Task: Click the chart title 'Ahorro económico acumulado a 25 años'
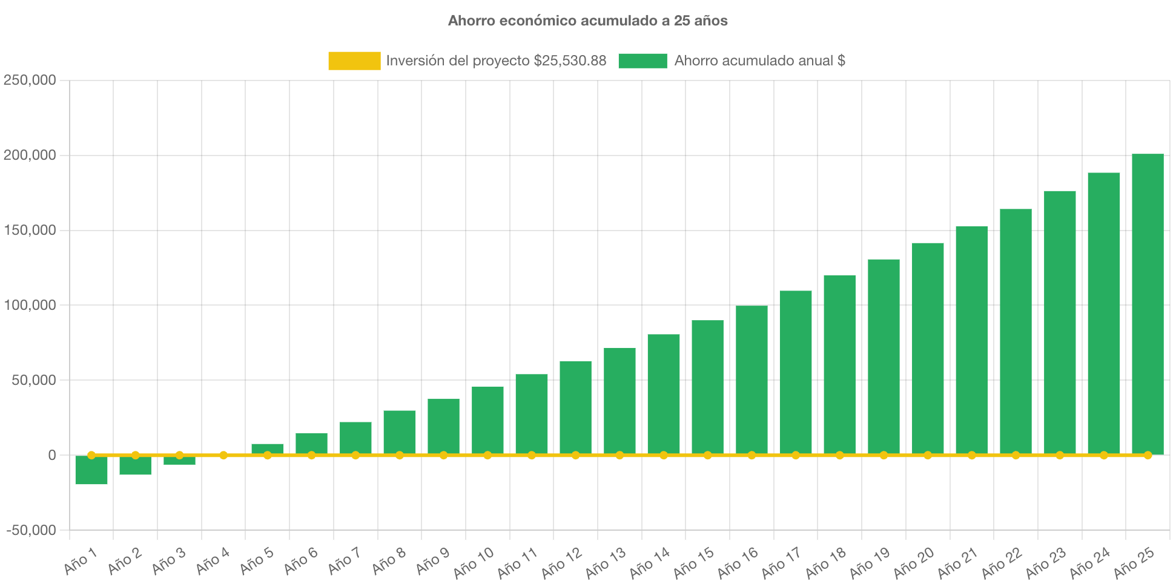587,21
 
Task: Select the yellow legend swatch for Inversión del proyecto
354,61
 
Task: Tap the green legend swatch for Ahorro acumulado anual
643,61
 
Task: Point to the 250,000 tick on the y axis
30,80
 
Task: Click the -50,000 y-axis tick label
31,530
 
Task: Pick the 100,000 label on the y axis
30,305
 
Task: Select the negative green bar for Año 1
91,471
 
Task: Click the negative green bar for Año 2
136,466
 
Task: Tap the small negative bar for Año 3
179,461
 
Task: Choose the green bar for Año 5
267,448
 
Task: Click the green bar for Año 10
487,420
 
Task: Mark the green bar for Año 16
752,379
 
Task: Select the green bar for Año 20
928,348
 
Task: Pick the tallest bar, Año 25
1148,303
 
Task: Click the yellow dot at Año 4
223,455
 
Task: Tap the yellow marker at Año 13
619,455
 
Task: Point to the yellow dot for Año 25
1148,455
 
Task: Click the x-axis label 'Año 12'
561,562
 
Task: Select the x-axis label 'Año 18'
825,562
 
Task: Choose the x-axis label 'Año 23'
1045,562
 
